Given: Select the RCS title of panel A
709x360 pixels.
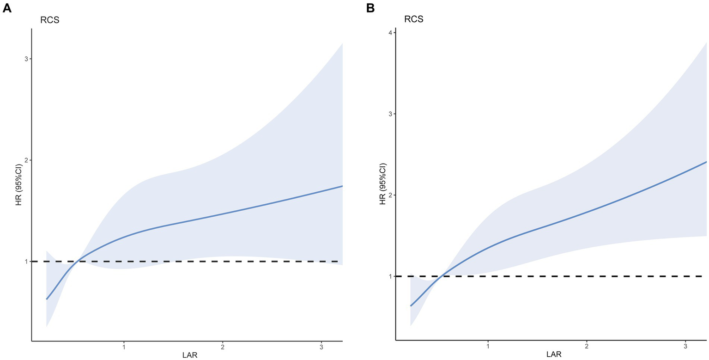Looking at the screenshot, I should [x=49, y=20].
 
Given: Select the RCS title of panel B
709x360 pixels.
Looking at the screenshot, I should [x=414, y=19].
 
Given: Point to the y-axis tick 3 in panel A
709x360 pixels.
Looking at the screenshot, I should [x=26, y=59].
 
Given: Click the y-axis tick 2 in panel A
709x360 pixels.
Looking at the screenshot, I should [x=26, y=160].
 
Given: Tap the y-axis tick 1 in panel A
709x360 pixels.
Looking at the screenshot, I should [x=26, y=262].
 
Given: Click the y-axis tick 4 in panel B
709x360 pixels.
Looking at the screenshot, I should [x=390, y=33].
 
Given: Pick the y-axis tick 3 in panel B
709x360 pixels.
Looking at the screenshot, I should [x=390, y=114].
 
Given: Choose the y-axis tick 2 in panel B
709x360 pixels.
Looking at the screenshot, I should [x=390, y=195].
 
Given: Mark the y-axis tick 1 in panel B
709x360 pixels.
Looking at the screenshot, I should [x=390, y=276].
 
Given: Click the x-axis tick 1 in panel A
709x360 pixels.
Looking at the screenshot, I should [x=124, y=347].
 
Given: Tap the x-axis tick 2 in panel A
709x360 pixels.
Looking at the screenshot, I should [x=223, y=347].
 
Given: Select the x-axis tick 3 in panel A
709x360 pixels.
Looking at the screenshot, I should [x=321, y=347].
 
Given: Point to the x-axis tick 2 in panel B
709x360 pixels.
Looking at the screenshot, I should [x=587, y=347].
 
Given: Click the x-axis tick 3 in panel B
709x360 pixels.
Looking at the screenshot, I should [x=685, y=347].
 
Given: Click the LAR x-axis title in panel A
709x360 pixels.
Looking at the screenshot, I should [x=190, y=355].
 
